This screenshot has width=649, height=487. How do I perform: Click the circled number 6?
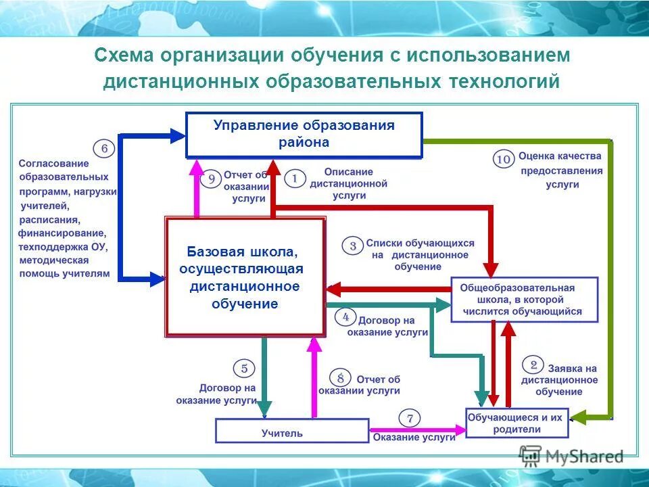[103, 149]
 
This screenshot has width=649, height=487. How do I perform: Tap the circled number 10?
[503, 159]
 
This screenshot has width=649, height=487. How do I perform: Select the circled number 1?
[294, 179]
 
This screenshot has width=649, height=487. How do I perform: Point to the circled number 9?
[212, 179]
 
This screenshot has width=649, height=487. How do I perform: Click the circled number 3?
[353, 246]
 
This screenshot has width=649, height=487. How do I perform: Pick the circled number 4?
[345, 317]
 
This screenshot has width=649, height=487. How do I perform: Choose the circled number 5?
[243, 369]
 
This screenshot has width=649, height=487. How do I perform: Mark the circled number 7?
[410, 418]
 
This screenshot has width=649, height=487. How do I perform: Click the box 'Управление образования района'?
[304, 135]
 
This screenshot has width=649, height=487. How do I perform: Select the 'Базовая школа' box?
[245, 277]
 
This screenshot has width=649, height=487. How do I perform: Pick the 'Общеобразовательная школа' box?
[524, 299]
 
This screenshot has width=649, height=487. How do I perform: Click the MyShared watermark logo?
[572, 457]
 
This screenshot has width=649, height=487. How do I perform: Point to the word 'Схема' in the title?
[122, 55]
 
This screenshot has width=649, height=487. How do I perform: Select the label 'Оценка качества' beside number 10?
[560, 156]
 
